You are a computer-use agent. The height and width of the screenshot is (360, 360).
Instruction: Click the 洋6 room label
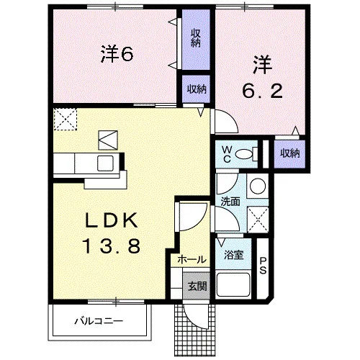pyautogui.click(x=117, y=54)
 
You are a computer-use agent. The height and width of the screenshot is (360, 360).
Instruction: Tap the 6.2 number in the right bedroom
pyautogui.click(x=262, y=91)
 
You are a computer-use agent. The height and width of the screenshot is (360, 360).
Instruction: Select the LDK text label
pyautogui.click(x=112, y=220)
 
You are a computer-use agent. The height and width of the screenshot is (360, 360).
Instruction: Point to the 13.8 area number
pyautogui.click(x=112, y=246)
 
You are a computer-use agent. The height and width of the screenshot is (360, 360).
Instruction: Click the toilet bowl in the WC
pyautogui.click(x=244, y=154)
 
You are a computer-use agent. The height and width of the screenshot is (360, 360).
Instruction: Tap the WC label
pyautogui.click(x=227, y=155)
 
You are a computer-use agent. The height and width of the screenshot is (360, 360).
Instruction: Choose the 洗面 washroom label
pyautogui.click(x=230, y=202)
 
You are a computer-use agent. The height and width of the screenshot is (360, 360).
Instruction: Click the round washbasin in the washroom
pyautogui.click(x=258, y=186)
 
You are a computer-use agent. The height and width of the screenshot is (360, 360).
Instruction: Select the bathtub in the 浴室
pyautogui.click(x=233, y=284)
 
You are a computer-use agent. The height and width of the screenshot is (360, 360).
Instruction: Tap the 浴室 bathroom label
pyautogui.click(x=234, y=255)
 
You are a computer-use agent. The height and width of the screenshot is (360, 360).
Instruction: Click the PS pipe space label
pyautogui.click(x=263, y=266)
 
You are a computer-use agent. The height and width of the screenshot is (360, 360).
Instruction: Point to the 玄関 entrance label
pyautogui.click(x=197, y=287)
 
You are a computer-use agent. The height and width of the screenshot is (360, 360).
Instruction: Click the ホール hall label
pyautogui.click(x=192, y=259)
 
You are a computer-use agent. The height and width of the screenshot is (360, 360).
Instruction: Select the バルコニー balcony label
pyautogui.click(x=99, y=321)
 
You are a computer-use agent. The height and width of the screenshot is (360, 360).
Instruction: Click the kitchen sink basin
pyautogui.click(x=105, y=163)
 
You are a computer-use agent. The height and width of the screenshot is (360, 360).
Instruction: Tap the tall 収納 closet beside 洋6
pyautogui.click(x=196, y=40)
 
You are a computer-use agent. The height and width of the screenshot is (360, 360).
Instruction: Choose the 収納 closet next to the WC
pyautogui.click(x=290, y=153)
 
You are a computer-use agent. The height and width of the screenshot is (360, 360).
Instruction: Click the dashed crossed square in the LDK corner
pyautogui.click(x=66, y=120)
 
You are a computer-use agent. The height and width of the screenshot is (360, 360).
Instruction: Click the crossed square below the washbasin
pyautogui.click(x=258, y=219)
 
